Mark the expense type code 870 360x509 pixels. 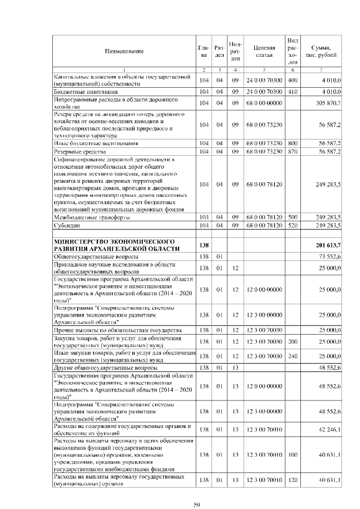pyautogui.click(x=292, y=152)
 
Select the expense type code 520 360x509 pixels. pyautogui.click(x=292, y=225)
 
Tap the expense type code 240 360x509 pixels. pyautogui.click(x=292, y=356)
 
